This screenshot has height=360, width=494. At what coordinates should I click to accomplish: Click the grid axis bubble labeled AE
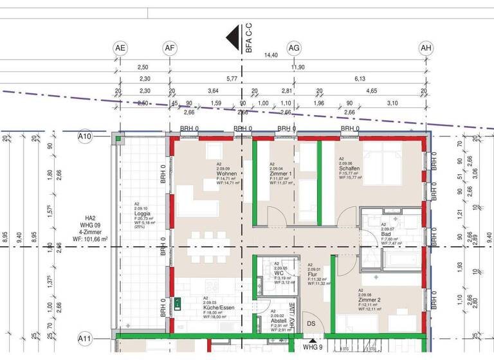point(120,48)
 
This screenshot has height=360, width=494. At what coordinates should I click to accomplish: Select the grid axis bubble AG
point(294,48)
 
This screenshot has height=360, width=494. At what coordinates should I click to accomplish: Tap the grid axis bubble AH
point(426,48)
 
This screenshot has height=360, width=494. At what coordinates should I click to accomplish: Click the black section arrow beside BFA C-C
point(233,38)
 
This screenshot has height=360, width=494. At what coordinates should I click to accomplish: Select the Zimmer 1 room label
point(280,174)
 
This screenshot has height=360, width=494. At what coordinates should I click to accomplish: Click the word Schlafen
point(350,168)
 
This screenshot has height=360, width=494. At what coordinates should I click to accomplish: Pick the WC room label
point(279,273)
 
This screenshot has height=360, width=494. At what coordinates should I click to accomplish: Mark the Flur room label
point(313,274)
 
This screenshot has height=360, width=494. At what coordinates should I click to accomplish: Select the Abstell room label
point(279,320)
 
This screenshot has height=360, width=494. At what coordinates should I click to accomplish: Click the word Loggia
point(142,213)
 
